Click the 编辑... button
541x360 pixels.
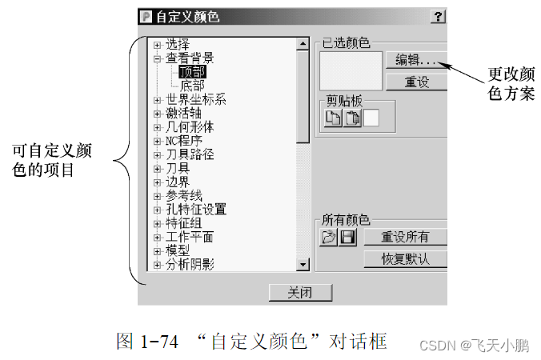(415, 60)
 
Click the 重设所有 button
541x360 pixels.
(405, 237)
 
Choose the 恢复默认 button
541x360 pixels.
(405, 258)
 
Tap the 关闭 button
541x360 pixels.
(299, 292)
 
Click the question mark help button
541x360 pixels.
(439, 16)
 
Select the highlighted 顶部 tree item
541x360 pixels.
(192, 71)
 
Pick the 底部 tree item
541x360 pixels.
(192, 85)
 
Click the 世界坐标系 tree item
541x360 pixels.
(196, 99)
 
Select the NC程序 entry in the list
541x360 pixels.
(185, 140)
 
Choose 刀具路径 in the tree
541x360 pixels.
(190, 154)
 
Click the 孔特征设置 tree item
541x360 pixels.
(196, 209)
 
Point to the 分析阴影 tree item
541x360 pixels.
(190, 264)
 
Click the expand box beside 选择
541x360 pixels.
(158, 44)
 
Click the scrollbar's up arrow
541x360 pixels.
(303, 44)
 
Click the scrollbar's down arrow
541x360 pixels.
(303, 265)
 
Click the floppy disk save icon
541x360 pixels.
(347, 238)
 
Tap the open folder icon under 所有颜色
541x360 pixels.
(329, 238)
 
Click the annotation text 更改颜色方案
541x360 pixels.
(511, 83)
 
